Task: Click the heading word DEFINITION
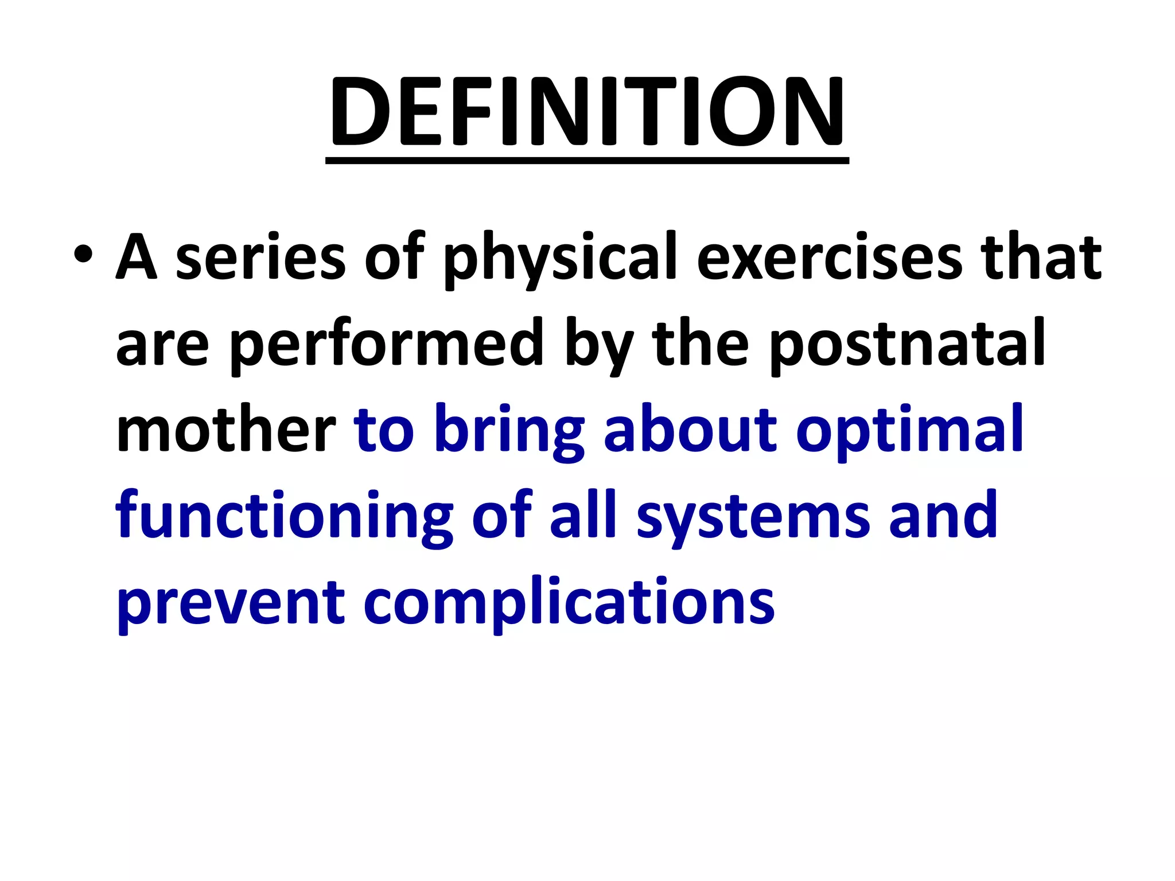[587, 112]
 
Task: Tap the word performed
[386, 344]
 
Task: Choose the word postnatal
[907, 344]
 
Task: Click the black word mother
[226, 430]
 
